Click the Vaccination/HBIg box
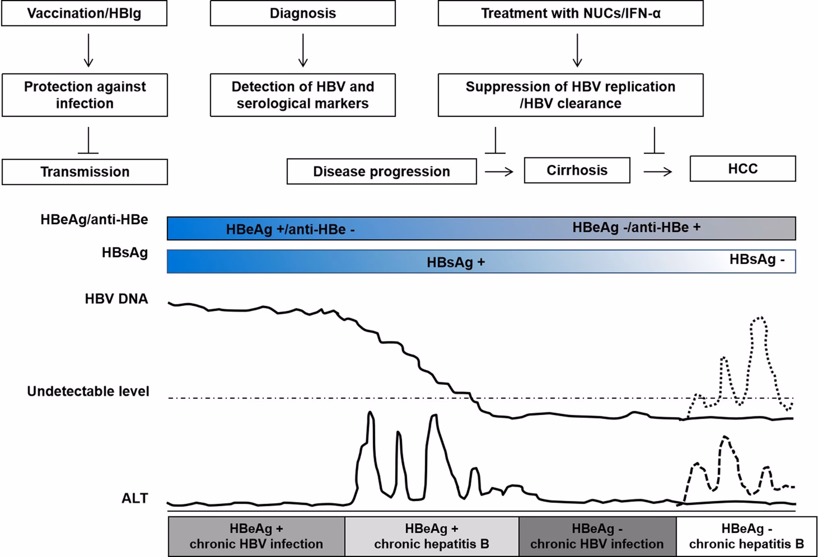click(x=84, y=13)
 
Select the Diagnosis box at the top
click(x=302, y=13)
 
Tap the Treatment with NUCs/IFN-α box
click(x=570, y=13)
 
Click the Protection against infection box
click(x=84, y=95)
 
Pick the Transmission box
click(x=84, y=172)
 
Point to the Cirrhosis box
click(x=577, y=170)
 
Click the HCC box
click(x=743, y=169)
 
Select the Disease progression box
click(x=381, y=171)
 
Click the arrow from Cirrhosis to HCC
click(x=657, y=172)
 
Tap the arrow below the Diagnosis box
click(x=302, y=50)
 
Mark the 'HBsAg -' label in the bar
click(x=757, y=259)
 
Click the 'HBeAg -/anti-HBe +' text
click(x=636, y=227)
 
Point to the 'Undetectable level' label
click(x=88, y=391)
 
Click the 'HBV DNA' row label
click(x=116, y=299)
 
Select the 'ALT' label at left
click(x=135, y=498)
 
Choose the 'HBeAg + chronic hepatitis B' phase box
click(x=432, y=536)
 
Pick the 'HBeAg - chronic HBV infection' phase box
click(x=597, y=536)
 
